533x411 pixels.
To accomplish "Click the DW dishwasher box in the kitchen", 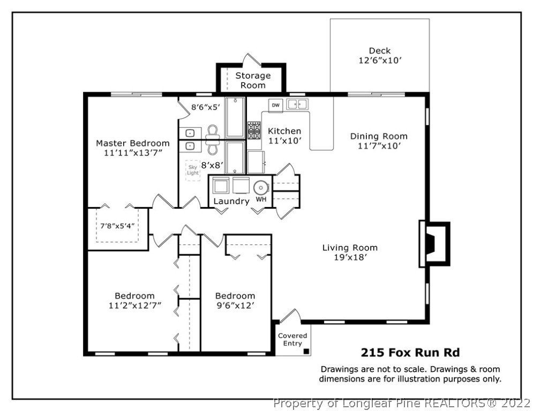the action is (276, 105).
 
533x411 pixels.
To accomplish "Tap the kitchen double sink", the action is (297, 104).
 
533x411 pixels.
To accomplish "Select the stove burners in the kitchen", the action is (254, 131).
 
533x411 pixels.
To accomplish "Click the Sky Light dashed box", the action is (193, 170).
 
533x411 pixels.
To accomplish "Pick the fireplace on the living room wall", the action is (434, 243).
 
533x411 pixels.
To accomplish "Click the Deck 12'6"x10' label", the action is (380, 56).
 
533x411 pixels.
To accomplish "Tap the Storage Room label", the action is (253, 80).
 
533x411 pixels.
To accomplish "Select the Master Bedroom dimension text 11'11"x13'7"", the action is (132, 153).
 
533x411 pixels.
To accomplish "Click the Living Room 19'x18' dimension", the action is (350, 257).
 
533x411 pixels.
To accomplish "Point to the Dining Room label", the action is (379, 136).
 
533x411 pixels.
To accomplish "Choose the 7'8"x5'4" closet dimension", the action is (115, 226).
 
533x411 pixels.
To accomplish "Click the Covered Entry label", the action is (292, 340).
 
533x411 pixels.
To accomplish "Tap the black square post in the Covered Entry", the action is (306, 352).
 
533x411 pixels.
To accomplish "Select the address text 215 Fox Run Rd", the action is (410, 353).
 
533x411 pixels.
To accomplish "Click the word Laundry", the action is (231, 201).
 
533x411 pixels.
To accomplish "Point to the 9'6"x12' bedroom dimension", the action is (235, 306).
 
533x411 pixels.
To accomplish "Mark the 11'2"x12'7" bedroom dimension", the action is (135, 306).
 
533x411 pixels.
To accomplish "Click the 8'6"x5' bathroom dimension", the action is (206, 108).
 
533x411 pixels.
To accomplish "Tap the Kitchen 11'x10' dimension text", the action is (284, 141).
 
